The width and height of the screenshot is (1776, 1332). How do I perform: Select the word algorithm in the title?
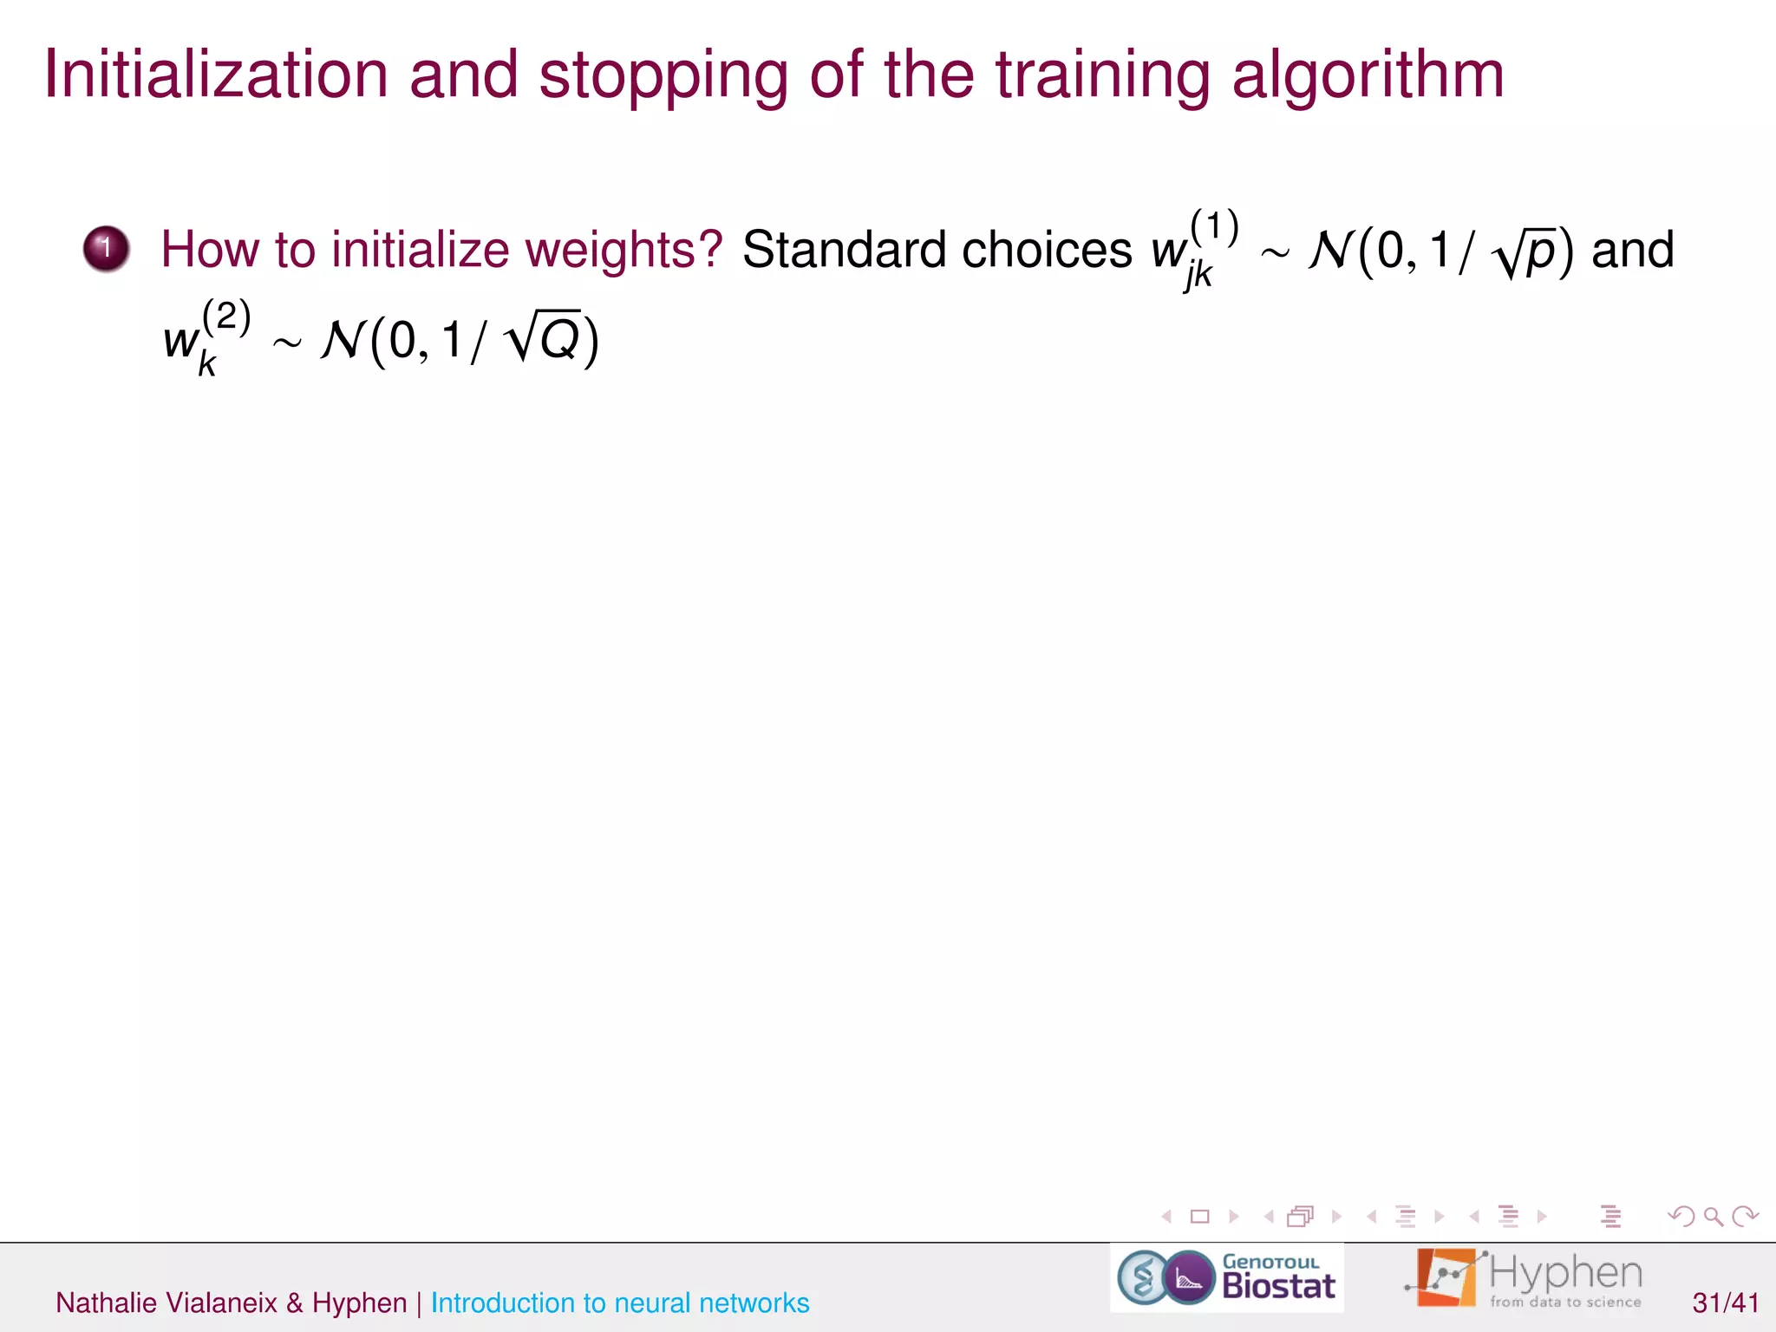click(1368, 76)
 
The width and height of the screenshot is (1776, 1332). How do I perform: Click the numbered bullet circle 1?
click(106, 249)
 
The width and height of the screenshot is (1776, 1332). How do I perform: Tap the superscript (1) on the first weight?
click(1214, 226)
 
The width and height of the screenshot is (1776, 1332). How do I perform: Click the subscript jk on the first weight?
click(1198, 276)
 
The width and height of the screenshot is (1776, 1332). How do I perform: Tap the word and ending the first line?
click(1632, 250)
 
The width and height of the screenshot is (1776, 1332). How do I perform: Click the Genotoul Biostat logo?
click(1226, 1277)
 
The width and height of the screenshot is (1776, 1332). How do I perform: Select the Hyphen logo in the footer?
click(1525, 1278)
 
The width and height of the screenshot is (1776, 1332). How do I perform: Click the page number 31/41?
click(1726, 1303)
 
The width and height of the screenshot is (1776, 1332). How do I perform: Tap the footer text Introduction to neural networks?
click(620, 1303)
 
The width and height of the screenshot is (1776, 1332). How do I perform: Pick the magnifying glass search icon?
click(1713, 1217)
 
